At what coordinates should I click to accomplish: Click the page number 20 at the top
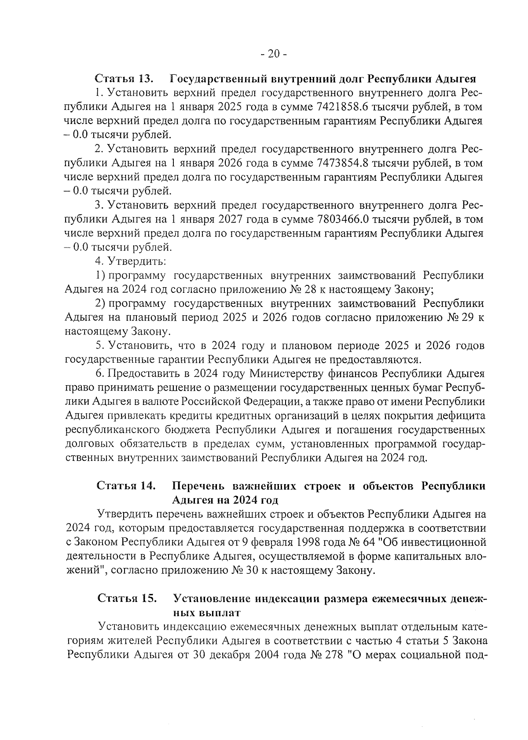273,54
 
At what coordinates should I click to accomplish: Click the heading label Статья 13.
125,79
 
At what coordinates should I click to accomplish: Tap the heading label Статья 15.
127,598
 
